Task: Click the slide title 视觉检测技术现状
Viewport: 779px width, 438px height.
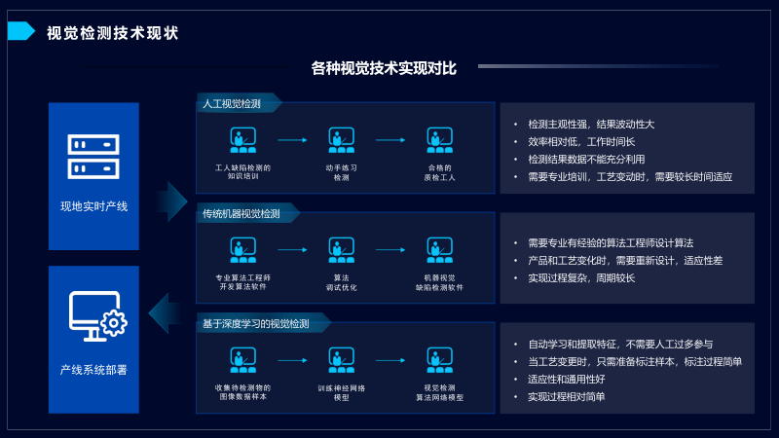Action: coord(113,33)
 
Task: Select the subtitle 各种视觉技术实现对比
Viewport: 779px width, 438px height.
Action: coord(384,68)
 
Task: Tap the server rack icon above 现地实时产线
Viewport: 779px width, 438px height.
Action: coord(93,157)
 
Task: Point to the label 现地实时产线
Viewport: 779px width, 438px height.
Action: coord(93,206)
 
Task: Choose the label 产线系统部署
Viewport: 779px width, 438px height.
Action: coord(93,370)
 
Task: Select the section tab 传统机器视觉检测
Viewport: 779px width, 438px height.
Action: coord(241,213)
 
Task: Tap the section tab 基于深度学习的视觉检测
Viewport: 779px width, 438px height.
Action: coord(256,323)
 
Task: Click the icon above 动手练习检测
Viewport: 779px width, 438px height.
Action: coord(341,140)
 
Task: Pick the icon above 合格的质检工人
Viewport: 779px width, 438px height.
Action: coord(439,140)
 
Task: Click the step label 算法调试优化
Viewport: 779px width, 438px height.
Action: coord(341,282)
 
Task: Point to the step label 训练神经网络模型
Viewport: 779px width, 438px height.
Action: coord(341,392)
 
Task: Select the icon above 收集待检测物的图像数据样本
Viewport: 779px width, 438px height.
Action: coord(242,360)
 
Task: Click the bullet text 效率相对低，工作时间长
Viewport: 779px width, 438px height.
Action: coord(581,142)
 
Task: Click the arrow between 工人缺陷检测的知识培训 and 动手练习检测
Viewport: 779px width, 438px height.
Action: coord(292,140)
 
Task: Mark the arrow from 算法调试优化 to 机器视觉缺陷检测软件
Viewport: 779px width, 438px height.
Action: coord(390,250)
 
